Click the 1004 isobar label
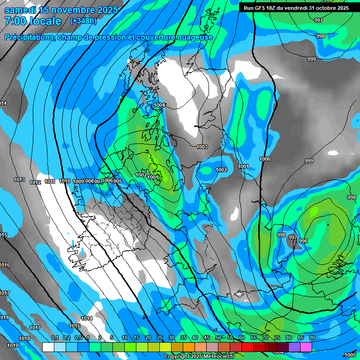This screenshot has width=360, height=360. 159,105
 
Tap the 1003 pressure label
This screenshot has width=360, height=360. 202,147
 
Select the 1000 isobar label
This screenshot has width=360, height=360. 265,159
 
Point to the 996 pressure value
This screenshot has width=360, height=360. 303,241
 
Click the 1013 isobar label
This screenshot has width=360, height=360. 19,180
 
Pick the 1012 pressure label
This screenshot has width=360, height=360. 35,182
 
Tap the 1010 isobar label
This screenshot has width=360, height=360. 65,181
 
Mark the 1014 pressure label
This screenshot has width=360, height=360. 87,319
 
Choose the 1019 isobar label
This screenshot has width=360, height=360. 13,346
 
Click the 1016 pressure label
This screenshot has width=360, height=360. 5,265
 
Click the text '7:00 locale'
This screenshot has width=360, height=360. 33,21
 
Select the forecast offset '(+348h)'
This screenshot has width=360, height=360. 83,21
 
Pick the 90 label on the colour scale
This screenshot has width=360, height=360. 312,338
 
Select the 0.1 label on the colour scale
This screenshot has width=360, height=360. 54,338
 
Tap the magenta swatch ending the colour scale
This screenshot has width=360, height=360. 306,347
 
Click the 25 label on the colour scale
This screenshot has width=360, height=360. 160,338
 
